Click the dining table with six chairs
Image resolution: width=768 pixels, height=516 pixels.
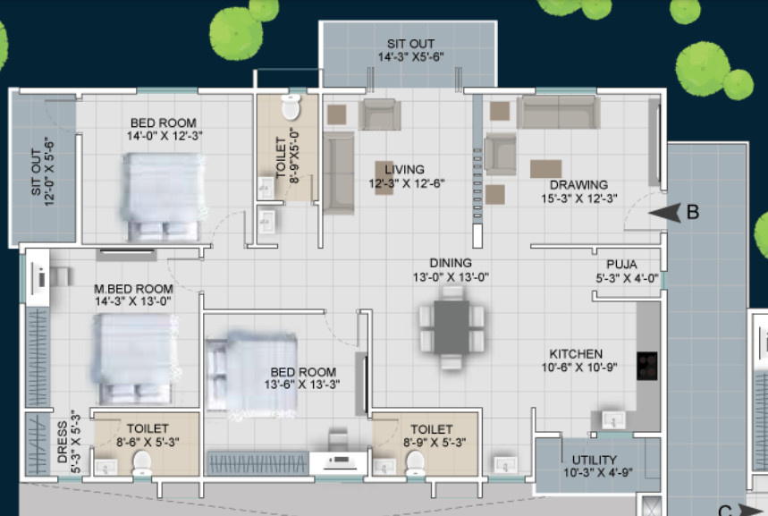(x=452, y=328)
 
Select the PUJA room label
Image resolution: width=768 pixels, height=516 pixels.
(x=620, y=265)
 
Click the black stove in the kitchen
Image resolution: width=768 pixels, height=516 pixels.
(x=646, y=366)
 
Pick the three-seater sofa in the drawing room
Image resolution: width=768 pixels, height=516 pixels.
(x=559, y=113)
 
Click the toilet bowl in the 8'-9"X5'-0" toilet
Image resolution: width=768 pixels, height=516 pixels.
(x=291, y=108)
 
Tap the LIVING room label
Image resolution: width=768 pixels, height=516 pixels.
(x=404, y=169)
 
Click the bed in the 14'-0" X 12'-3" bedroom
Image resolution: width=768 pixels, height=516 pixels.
(x=162, y=196)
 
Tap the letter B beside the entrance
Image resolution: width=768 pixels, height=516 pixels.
(x=692, y=213)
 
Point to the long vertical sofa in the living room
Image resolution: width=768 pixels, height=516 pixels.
(x=339, y=173)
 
